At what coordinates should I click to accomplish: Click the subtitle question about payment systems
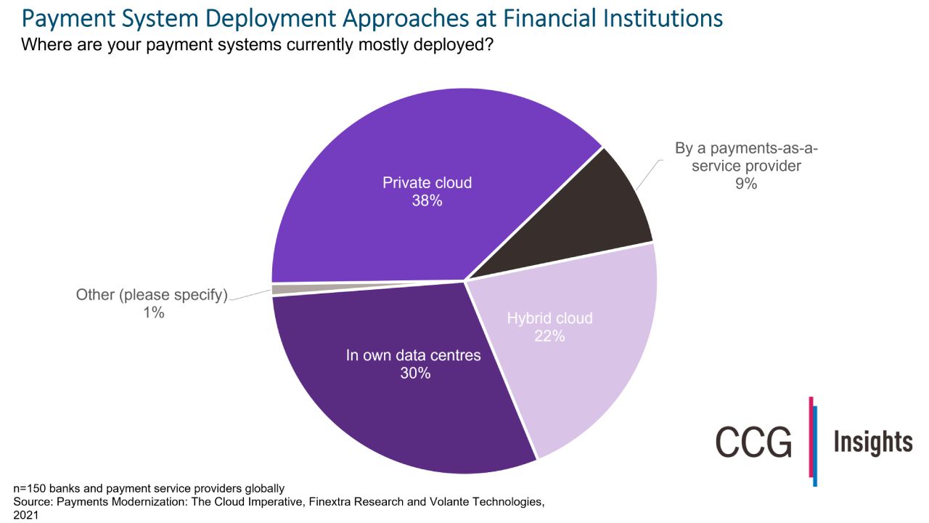coord(257,45)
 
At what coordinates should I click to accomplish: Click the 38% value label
coord(427,201)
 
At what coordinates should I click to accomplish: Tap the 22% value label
coord(549,336)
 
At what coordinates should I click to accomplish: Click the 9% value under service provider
coord(746,184)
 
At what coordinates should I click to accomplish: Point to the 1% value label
coord(153,313)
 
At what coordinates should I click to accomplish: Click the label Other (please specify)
coord(152,295)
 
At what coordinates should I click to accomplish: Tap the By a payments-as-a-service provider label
coord(746,158)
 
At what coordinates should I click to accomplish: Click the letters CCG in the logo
coord(753,442)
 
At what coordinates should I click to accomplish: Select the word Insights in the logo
coord(872,442)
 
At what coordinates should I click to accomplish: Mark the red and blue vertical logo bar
coord(813,441)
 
